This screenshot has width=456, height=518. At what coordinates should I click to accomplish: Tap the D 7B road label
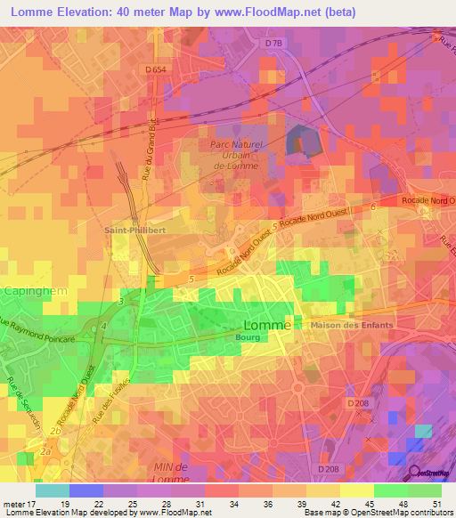[x=273, y=44]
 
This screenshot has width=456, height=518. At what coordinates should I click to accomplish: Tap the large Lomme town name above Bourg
[x=266, y=325]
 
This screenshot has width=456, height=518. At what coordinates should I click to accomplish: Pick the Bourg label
[x=246, y=339]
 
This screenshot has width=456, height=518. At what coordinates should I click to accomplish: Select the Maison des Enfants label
[x=352, y=325]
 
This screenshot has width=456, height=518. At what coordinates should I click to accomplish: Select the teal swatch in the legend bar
[x=52, y=490]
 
